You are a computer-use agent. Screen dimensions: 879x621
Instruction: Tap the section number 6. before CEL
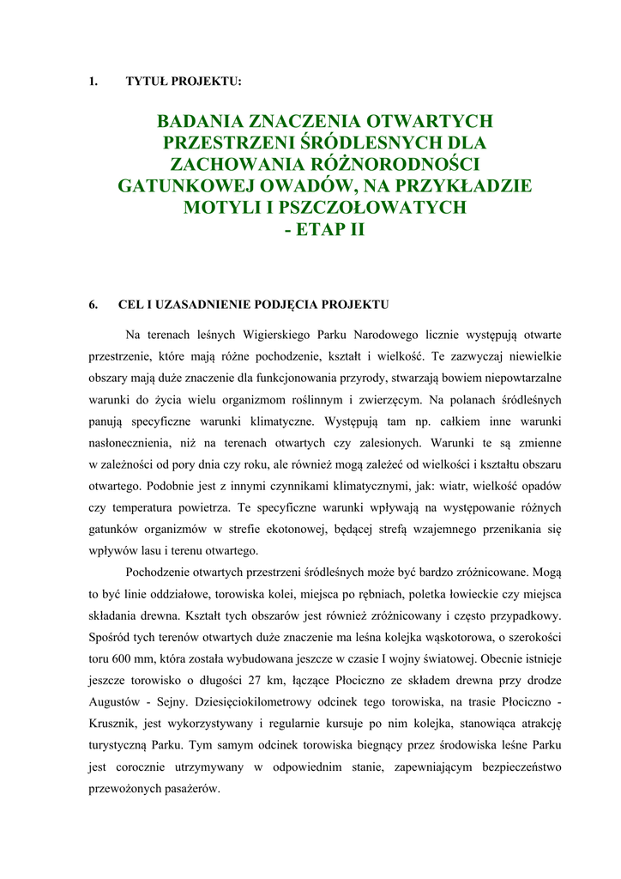point(93,304)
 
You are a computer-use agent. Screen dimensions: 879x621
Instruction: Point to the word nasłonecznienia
point(132,444)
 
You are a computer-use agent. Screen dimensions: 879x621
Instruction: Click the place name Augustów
point(116,703)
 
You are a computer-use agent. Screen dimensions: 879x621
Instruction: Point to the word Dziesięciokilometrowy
point(281,703)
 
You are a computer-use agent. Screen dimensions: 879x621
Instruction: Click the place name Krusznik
point(119,725)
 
